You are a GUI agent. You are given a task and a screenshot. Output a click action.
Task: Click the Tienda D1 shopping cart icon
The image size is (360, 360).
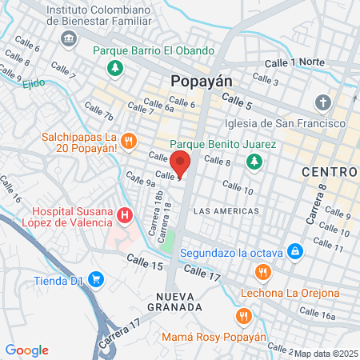pyautogui.click(x=97, y=280)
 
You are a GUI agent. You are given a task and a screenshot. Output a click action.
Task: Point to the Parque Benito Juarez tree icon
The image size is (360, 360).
pyautogui.click(x=254, y=162)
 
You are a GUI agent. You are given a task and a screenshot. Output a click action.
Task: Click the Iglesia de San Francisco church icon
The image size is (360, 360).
pyautogui.click(x=322, y=103)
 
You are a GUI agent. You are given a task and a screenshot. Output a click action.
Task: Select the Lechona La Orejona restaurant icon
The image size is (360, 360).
pyautogui.click(x=262, y=274)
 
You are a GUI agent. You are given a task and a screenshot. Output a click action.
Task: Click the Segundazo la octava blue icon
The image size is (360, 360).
pyautogui.click(x=295, y=252)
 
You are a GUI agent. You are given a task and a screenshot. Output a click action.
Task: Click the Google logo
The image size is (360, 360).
pyautogui.click(x=27, y=350)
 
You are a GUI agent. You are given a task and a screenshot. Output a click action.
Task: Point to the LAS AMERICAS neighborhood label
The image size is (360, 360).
pyautogui.click(x=227, y=210)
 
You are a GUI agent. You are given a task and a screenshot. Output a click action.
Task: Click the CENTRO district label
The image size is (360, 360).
pyautogui.click(x=329, y=172)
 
